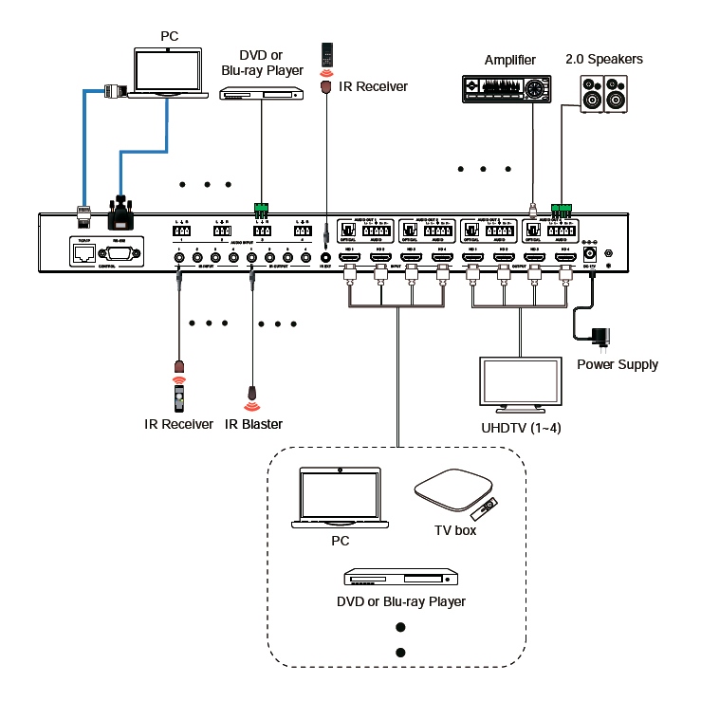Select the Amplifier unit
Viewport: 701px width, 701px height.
pos(506,89)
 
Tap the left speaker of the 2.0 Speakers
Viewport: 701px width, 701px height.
pos(591,96)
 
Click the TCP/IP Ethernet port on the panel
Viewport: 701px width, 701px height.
pos(83,253)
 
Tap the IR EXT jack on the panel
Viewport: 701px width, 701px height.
pos(326,256)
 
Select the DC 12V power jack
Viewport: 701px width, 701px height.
pos(588,252)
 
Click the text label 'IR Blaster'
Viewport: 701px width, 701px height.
pos(253,424)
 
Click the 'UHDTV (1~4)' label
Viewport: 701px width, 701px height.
pos(521,428)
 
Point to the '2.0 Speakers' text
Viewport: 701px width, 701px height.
pos(603,59)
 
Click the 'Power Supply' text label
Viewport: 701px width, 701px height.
pos(618,363)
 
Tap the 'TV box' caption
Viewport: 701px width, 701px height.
pos(455,530)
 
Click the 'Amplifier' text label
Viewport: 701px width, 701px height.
pos(510,60)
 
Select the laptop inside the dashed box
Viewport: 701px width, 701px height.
pos(340,498)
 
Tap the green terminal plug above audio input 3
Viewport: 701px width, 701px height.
pos(261,207)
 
